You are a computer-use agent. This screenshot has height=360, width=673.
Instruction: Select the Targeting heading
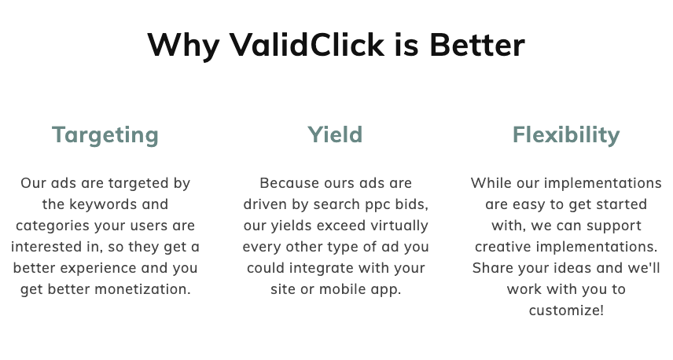tap(105, 134)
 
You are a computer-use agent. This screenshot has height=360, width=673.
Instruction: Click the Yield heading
tap(335, 134)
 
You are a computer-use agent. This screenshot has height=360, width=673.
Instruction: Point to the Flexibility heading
tap(566, 134)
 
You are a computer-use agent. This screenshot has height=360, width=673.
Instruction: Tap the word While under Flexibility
tap(491, 183)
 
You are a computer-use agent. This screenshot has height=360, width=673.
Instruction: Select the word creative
tap(509, 247)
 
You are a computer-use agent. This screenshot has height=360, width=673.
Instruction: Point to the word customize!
tap(566, 310)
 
